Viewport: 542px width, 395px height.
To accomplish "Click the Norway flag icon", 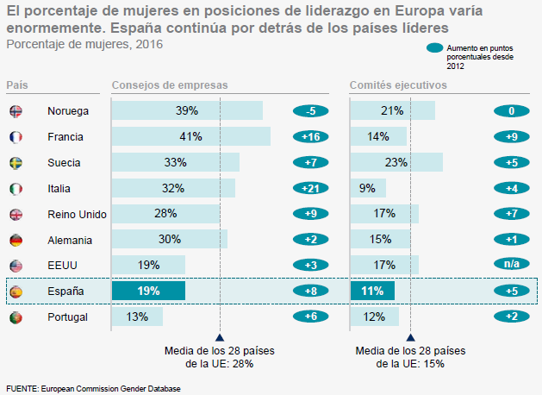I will [16, 111].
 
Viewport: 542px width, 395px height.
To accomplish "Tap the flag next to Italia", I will [16, 189].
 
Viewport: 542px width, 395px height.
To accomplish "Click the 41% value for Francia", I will [190, 136].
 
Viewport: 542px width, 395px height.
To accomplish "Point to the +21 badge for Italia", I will [311, 189].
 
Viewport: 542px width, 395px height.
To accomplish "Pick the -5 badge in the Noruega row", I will [311, 111].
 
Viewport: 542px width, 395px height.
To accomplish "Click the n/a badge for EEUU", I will [511, 266].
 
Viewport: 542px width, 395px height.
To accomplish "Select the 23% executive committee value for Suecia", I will [396, 162].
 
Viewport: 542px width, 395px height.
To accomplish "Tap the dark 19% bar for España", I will [148, 292].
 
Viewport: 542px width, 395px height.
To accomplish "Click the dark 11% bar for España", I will [372, 292].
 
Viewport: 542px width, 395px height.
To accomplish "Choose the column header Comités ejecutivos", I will [398, 85].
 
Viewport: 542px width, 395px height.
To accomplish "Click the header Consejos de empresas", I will [170, 85].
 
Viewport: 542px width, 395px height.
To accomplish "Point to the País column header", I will [16, 85].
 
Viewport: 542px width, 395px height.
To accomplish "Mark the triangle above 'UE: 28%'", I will [221, 338].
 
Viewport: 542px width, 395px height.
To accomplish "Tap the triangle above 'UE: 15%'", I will [411, 338].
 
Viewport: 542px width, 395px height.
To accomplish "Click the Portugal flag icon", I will [16, 317].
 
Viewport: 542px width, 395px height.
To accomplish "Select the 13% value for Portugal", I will [137, 317].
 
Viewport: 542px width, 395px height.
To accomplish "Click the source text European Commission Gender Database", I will [111, 388].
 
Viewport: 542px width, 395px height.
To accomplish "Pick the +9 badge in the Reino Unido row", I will [311, 214].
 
